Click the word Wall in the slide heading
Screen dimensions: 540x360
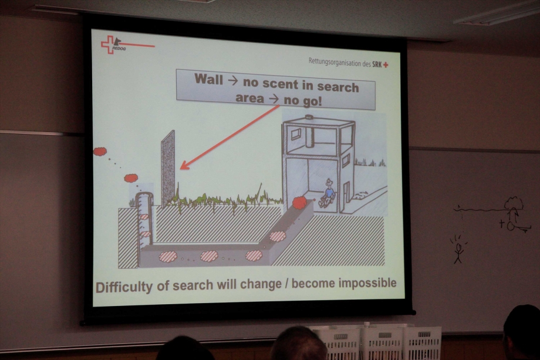209,79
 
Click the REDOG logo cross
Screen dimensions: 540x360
109,45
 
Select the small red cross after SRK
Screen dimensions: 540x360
386,65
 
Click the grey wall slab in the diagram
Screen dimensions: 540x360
168,169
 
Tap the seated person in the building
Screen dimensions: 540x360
327,194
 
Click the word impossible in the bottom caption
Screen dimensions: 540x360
368,283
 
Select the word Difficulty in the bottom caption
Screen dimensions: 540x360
124,287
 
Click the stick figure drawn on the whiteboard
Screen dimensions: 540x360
458,250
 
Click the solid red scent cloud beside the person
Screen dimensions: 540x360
299,203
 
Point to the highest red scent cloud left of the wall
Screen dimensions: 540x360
100,152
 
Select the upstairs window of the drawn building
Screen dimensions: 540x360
296,134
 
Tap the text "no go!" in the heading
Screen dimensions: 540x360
303,100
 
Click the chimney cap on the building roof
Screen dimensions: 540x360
309,117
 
